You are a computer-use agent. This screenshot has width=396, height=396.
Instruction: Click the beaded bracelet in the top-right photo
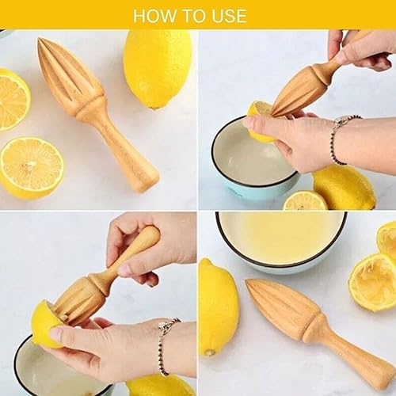pyautogui.click(x=338, y=136)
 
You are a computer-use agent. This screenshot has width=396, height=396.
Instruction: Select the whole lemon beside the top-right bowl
pyautogui.click(x=344, y=187)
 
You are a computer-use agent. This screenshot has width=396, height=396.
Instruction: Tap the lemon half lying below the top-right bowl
pyautogui.click(x=304, y=201)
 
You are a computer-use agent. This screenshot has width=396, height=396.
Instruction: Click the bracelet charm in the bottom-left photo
pyautogui.click(x=165, y=326)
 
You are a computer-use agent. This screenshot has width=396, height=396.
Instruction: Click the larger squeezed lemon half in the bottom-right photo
pyautogui.click(x=372, y=281)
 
